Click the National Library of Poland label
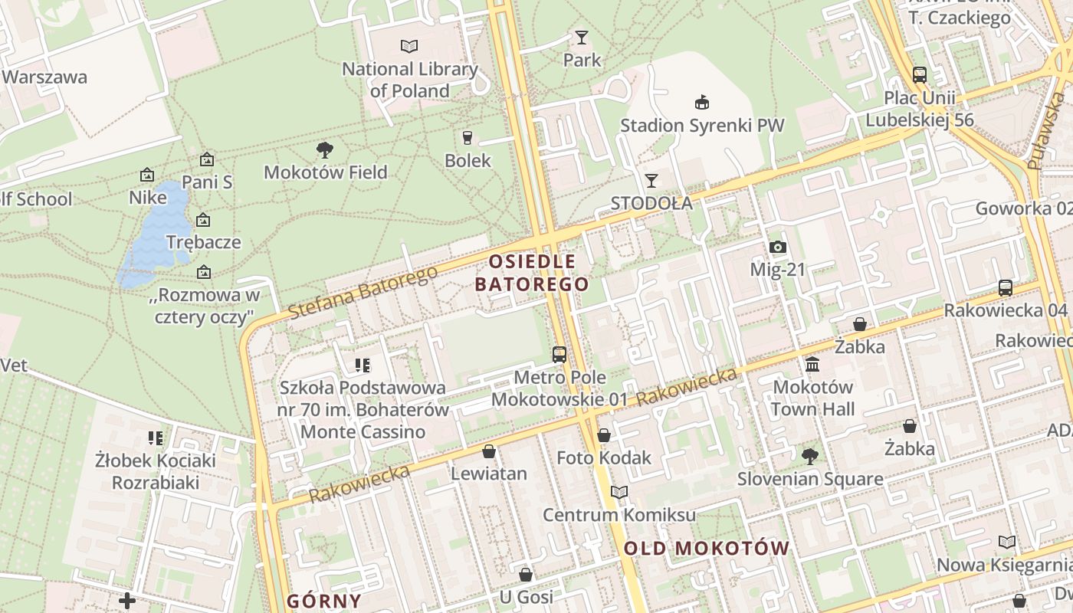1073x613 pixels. point(409,80)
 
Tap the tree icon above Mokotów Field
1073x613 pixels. point(325,149)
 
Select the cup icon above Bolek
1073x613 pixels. point(468,138)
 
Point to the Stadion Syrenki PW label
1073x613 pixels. point(702,125)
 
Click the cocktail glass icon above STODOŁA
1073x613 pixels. point(651,180)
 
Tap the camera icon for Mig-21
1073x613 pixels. point(778,247)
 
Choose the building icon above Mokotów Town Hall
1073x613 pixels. point(812,364)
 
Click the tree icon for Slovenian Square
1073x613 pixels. point(809,457)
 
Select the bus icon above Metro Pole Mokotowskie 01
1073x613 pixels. point(559,355)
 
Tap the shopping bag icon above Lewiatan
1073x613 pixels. point(489,451)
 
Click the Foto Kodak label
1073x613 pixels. point(604,457)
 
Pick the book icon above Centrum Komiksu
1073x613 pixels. point(619,492)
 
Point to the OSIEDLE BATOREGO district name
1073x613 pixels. point(533,273)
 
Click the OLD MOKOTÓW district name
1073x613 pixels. point(706,548)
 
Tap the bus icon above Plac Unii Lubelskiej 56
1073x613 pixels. point(920,75)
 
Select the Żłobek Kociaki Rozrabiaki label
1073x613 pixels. point(156,471)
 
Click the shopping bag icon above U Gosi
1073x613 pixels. point(526,574)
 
